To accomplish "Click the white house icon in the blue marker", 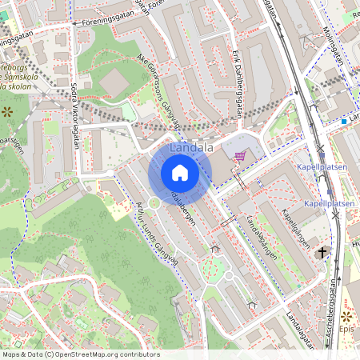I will [x=180, y=173].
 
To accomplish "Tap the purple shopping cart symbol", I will [x=238, y=158].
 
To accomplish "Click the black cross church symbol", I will [x=323, y=253].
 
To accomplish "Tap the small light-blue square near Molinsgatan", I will [x=343, y=122].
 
